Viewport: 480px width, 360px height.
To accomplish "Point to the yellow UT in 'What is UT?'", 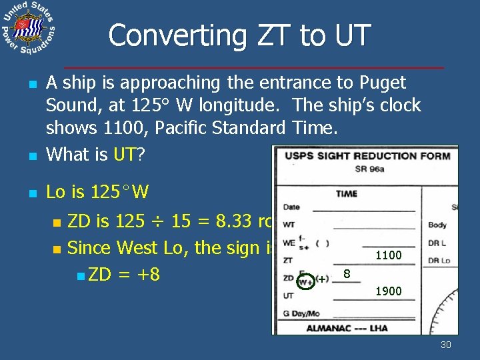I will [125, 155].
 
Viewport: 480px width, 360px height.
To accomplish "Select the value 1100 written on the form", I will [388, 255].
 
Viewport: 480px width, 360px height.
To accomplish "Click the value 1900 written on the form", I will [388, 291].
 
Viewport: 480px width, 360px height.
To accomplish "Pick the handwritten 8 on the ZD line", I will [347, 273].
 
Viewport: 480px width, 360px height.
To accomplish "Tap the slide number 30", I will [446, 345].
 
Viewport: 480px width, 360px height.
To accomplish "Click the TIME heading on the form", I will [346, 193].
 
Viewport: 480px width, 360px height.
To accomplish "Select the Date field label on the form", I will [291, 207].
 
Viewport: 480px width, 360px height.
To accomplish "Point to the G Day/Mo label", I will [302, 313].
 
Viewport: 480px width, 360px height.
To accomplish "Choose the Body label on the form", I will [438, 225].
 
